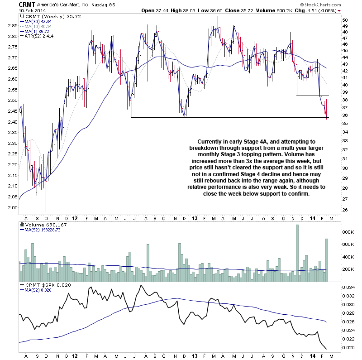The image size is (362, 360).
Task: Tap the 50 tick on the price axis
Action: pos(345,20)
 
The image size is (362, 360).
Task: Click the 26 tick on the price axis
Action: pos(345,210)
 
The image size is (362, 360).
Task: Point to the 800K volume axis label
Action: pos(347,232)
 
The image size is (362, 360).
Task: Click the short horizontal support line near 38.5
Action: pos(312,96)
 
